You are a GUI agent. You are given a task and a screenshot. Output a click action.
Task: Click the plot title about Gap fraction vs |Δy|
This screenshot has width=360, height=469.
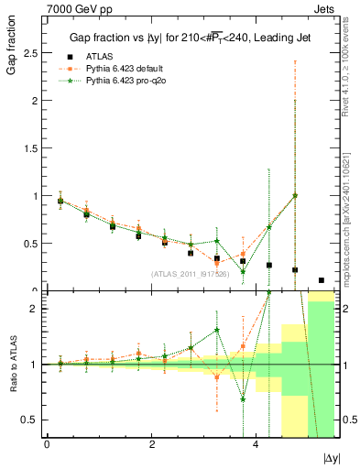tap(190, 38)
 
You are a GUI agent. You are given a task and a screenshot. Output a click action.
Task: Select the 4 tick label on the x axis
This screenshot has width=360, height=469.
tap(256, 444)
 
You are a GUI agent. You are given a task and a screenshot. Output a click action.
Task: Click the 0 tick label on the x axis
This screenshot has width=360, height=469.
tap(47, 444)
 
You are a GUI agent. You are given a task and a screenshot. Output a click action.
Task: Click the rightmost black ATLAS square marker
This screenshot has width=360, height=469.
tap(321, 280)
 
